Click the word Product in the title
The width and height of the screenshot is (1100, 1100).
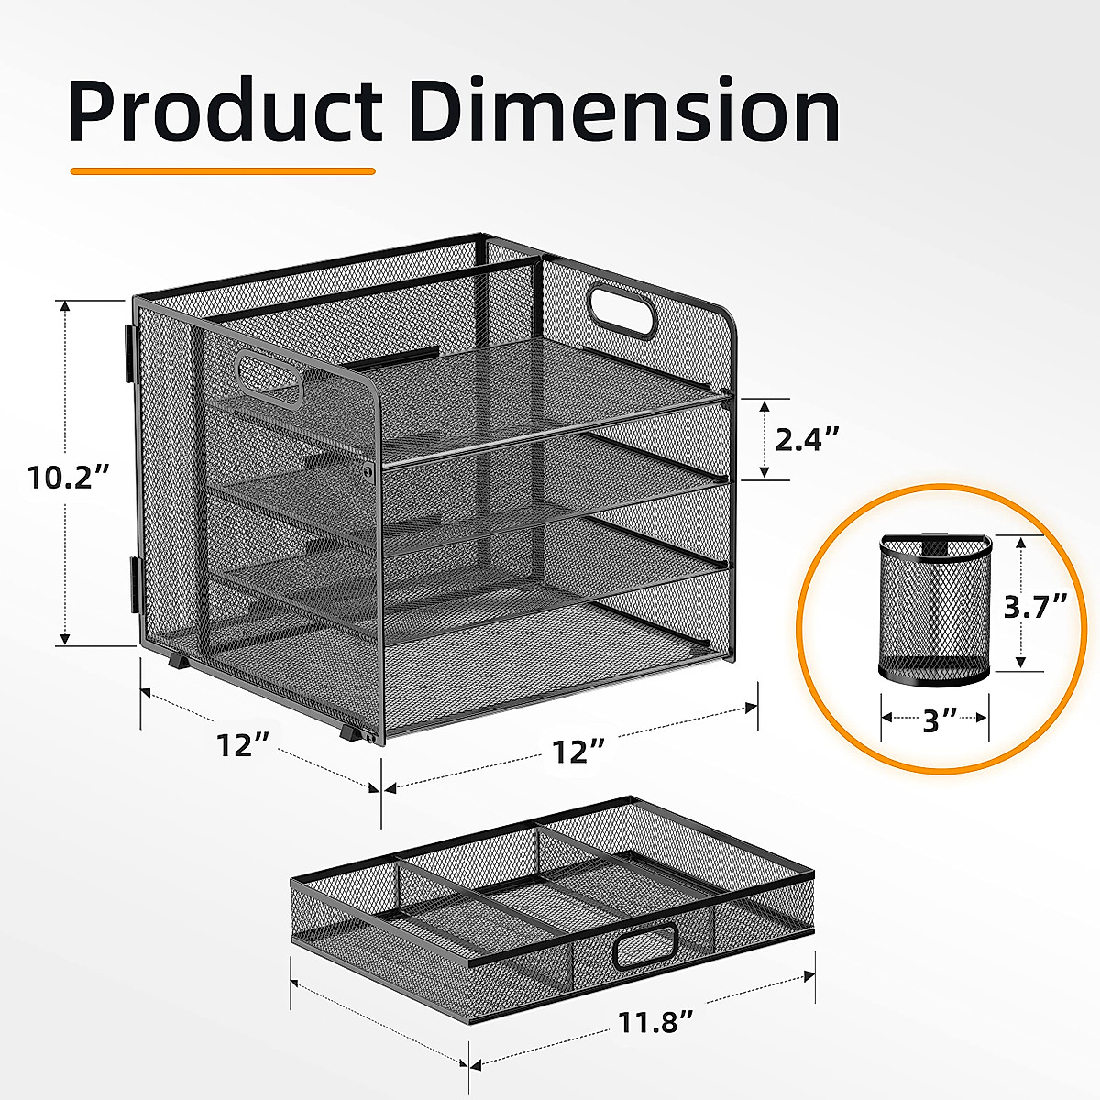tap(225, 112)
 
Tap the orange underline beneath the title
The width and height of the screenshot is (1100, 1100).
tap(223, 170)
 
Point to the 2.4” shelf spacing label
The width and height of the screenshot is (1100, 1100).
tap(808, 439)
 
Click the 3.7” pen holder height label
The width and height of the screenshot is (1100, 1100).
tap(1035, 606)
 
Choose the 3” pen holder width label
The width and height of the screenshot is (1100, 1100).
tap(935, 721)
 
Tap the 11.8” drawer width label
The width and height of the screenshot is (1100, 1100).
tap(654, 1023)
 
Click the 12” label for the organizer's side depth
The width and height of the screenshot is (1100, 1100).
tap(240, 744)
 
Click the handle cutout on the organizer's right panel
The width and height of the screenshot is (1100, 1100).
tap(623, 313)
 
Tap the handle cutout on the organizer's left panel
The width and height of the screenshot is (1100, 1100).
tap(270, 378)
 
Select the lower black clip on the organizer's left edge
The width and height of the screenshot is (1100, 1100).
tap(134, 585)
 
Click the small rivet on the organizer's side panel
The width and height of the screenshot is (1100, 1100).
tap(368, 470)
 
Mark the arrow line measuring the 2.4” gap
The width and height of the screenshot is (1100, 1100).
tap(762, 439)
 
